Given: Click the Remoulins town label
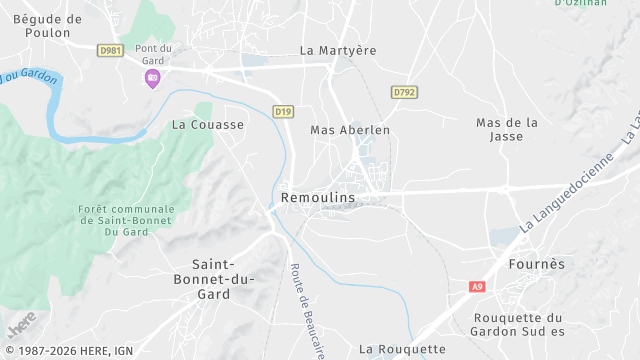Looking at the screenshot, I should coord(319,198).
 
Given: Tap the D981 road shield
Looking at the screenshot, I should coord(111,50).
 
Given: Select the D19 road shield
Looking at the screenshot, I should coord(283,112).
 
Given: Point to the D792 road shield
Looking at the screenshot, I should coord(404,92).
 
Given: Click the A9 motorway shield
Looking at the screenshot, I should coord(477,287).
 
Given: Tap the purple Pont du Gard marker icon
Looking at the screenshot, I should coord(152,78).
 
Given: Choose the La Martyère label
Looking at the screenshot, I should coord(336,49).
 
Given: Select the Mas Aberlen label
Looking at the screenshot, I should coord(350,130).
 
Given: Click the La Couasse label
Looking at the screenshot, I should coord(208,125).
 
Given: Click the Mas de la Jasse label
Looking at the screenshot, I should coord(507,130).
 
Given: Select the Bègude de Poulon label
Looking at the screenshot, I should coord(47,26).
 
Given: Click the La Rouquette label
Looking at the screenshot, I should coord(402,349).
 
